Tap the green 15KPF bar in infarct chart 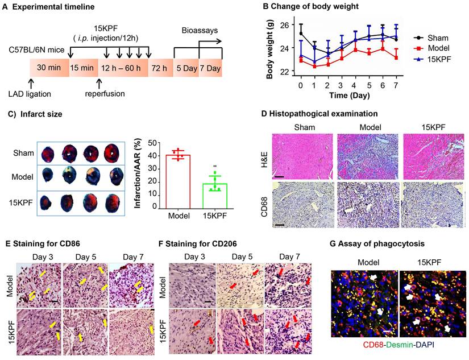coord(214,196)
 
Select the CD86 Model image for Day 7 coord(130,277)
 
